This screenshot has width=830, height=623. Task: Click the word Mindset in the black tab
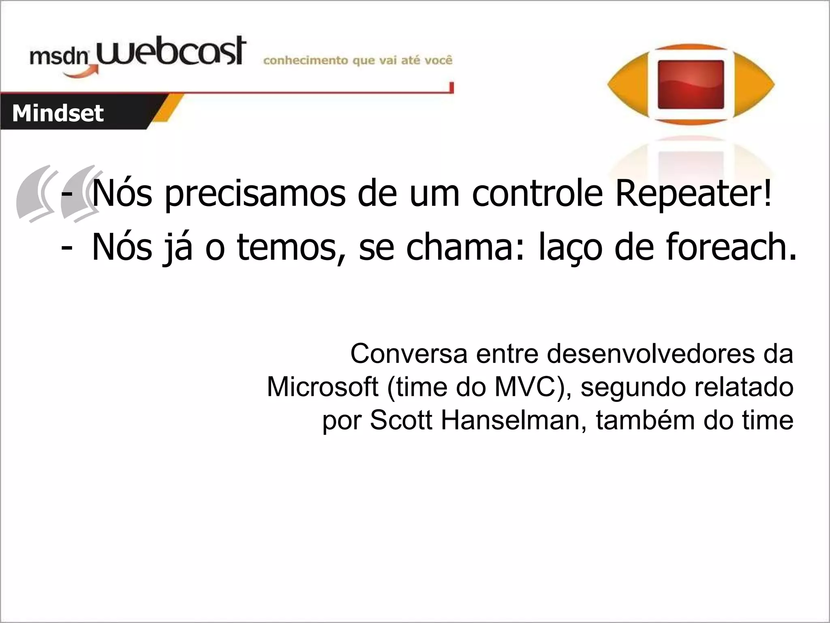point(58,113)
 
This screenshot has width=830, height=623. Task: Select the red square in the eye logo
point(691,85)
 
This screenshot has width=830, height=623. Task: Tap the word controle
point(537,193)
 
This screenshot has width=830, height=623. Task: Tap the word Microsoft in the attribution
point(322,387)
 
